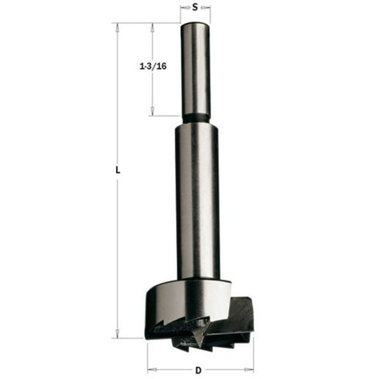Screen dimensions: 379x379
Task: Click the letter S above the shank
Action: click(195, 9)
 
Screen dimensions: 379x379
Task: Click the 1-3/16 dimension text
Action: click(153, 66)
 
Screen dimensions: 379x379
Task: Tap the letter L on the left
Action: click(117, 169)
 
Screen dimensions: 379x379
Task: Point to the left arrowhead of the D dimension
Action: click(150, 366)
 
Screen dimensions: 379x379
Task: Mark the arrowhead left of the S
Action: click(184, 9)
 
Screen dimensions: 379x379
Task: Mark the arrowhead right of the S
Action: click(207, 9)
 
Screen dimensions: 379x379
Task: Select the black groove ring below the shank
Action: click(196, 119)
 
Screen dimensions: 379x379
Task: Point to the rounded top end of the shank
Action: click(196, 26)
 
